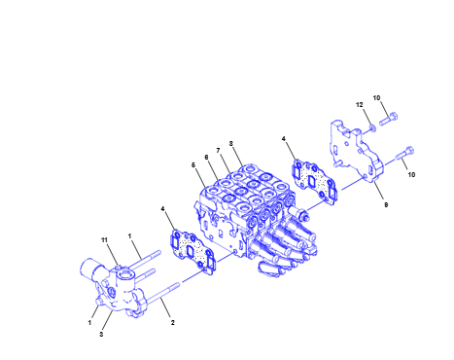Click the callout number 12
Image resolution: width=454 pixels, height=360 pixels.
click(x=360, y=105)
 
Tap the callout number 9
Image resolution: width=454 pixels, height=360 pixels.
click(x=386, y=205)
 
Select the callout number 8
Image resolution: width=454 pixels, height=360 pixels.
click(x=231, y=143)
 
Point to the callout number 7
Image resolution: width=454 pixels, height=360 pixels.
click(x=218, y=151)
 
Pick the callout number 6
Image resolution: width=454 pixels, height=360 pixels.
click(x=206, y=158)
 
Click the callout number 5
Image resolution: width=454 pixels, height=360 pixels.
click(x=193, y=165)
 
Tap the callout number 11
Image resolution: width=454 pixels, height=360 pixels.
click(x=104, y=240)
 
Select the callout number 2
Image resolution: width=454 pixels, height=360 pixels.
click(x=173, y=323)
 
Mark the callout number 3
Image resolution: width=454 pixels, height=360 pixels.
click(x=101, y=334)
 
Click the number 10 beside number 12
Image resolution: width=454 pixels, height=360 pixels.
click(x=376, y=97)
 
